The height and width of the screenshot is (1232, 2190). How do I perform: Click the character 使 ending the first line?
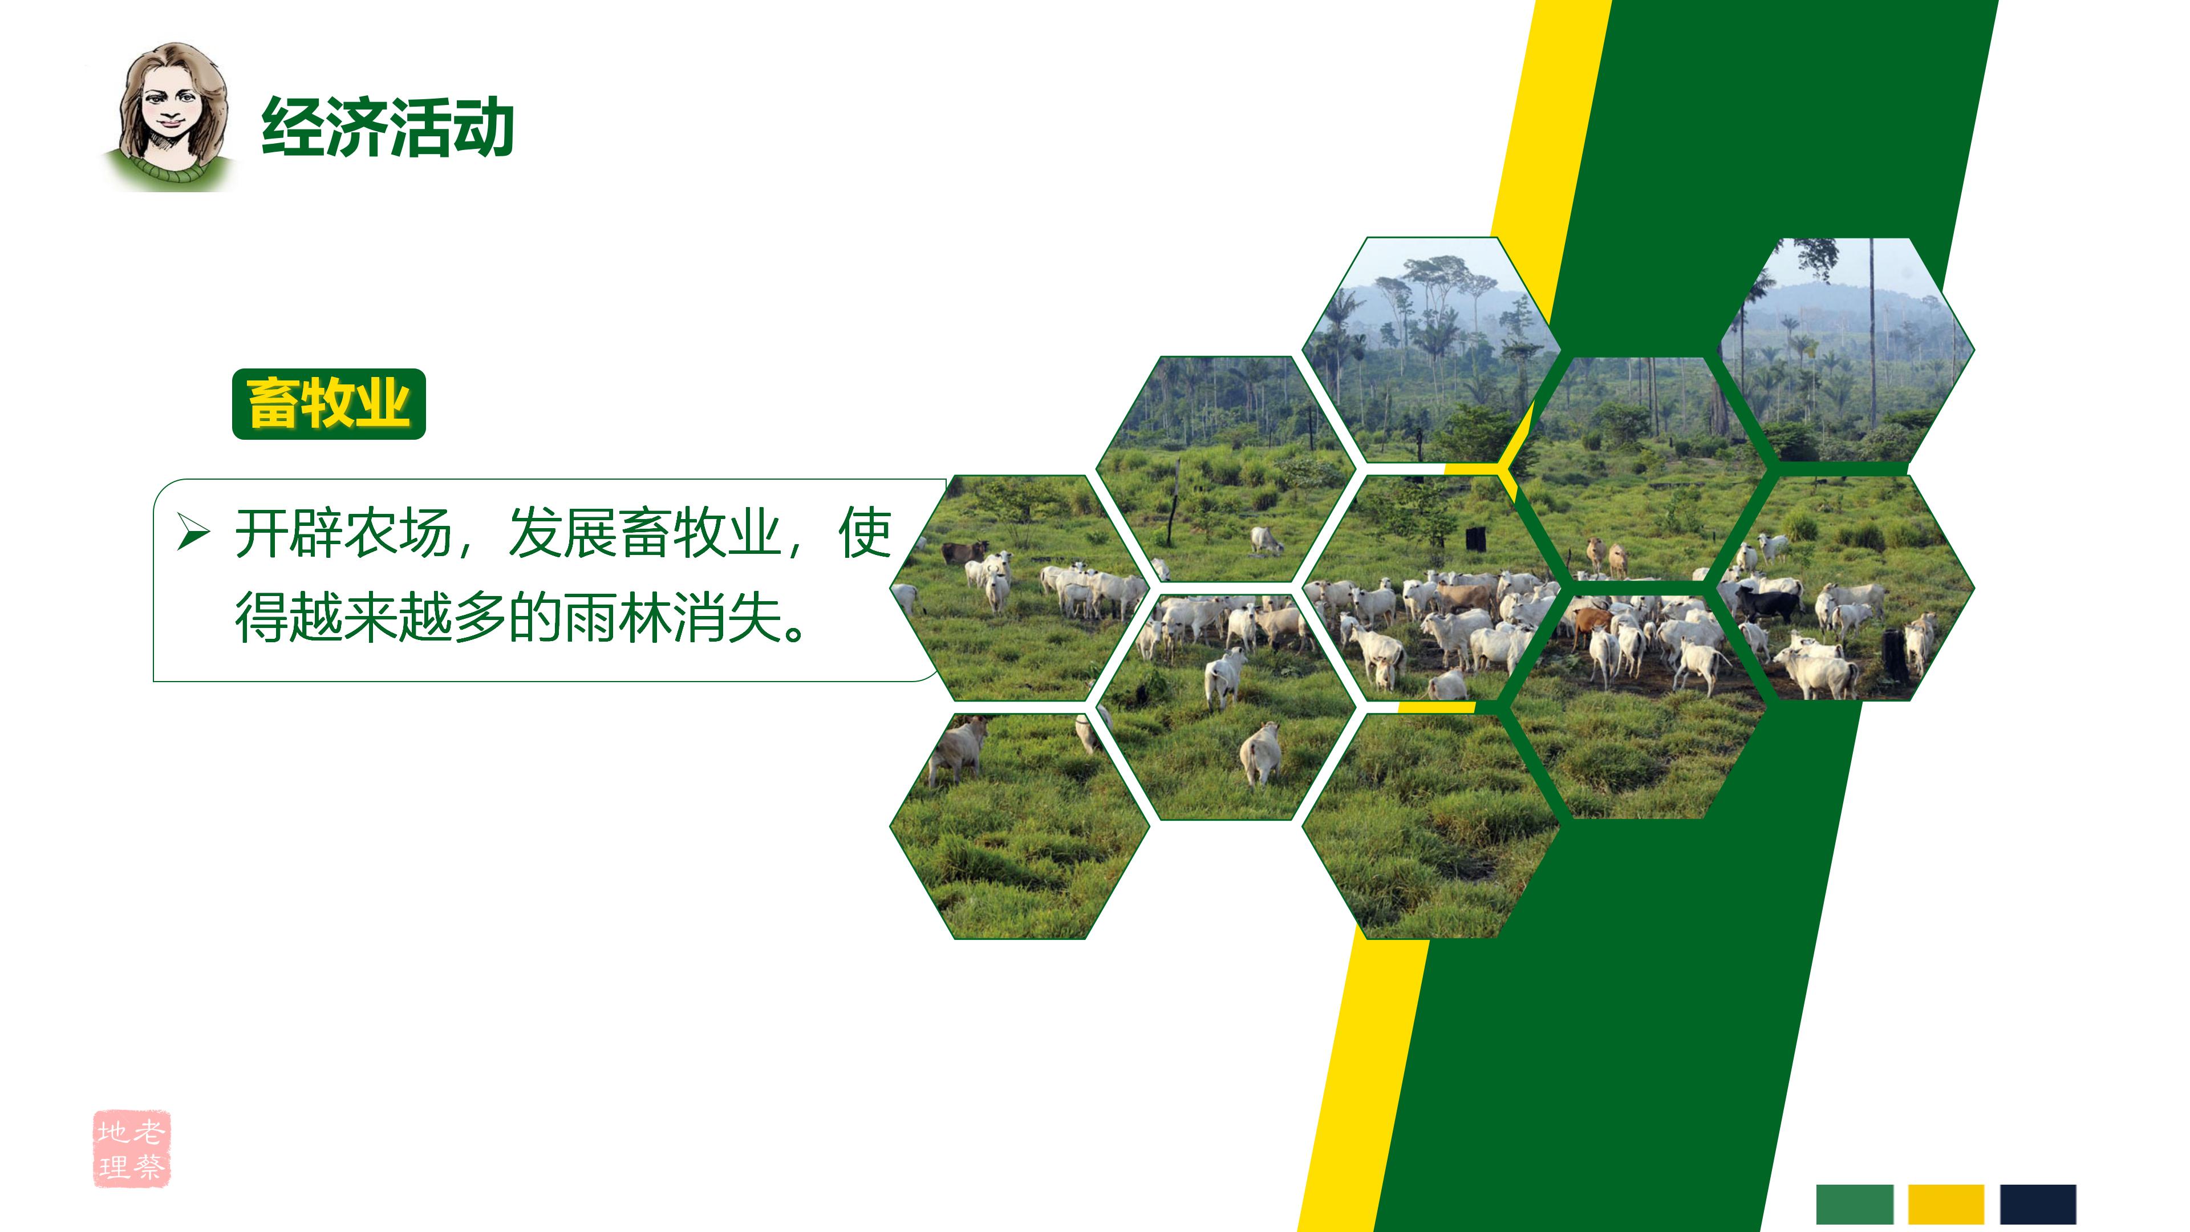pos(864,534)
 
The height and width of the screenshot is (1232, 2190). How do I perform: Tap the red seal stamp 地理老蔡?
pos(132,1148)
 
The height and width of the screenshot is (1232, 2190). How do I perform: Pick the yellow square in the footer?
pos(1946,1204)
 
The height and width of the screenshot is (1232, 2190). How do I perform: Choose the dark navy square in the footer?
pos(2037,1204)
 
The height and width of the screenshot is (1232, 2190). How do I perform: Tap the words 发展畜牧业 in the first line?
pos(643,534)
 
